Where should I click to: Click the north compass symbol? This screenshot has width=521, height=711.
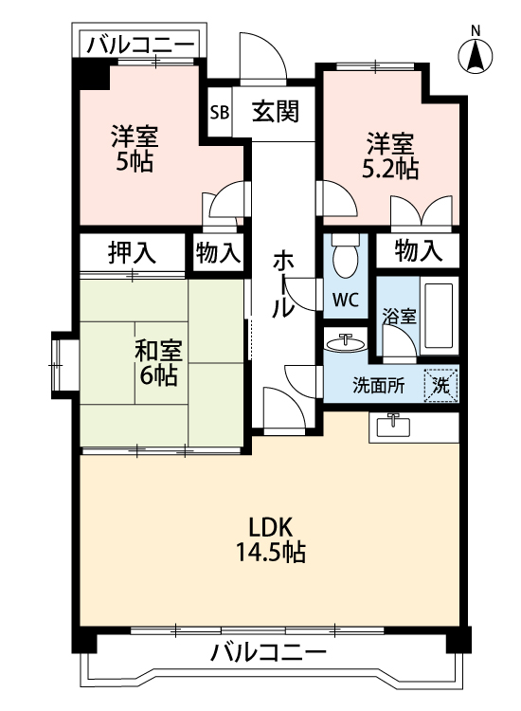click(476, 54)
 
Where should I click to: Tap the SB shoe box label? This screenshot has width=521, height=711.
click(219, 112)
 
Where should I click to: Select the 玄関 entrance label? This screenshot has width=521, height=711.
click(276, 112)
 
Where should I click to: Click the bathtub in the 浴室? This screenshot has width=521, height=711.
click(439, 316)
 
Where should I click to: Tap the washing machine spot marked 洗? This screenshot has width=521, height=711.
click(440, 384)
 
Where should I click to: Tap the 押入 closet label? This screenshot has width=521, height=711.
click(132, 252)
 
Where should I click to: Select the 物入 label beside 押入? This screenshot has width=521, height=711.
click(218, 252)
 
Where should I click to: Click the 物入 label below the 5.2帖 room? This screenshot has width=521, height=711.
click(418, 251)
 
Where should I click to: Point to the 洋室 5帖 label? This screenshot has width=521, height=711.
click(134, 149)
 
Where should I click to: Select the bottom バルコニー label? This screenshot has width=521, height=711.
click(268, 653)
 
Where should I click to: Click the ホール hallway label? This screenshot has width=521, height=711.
click(283, 284)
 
